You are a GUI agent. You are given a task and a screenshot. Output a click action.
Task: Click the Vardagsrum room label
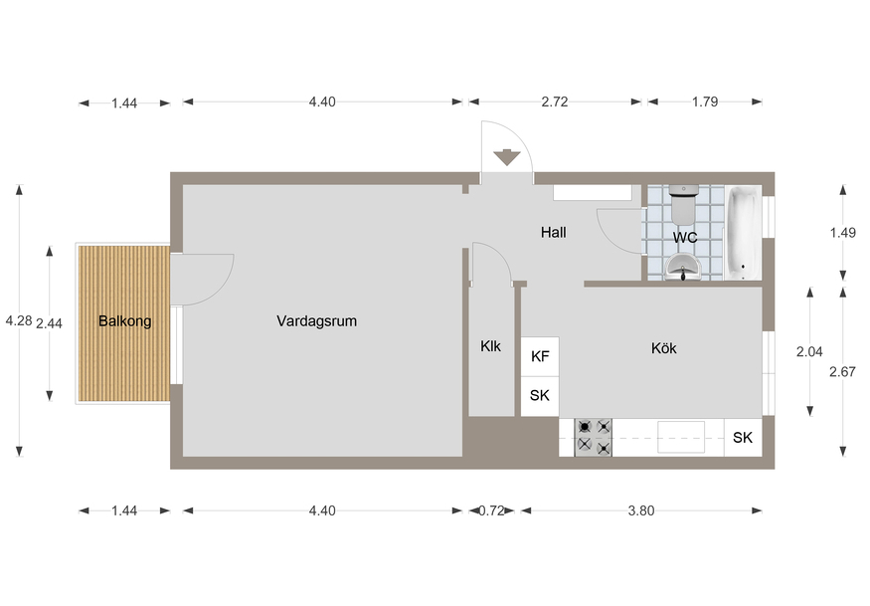pyautogui.click(x=316, y=321)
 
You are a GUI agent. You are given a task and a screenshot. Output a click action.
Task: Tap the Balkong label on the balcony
pyautogui.click(x=125, y=321)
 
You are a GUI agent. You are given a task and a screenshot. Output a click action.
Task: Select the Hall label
pyautogui.click(x=553, y=232)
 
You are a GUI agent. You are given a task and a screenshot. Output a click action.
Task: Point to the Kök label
pyautogui.click(x=663, y=348)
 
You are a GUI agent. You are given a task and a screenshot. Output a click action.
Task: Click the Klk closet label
pyautogui.click(x=490, y=346)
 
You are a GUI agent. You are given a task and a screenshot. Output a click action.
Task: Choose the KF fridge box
pyautogui.click(x=540, y=356)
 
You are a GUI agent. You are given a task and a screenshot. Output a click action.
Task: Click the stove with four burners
pyautogui.click(x=594, y=437)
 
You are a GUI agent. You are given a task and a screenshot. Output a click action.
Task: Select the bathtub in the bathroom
pyautogui.click(x=743, y=233)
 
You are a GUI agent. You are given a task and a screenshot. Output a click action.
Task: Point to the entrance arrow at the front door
pyautogui.click(x=506, y=158)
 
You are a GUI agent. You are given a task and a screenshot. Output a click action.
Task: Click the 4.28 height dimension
pyautogui.click(x=19, y=320)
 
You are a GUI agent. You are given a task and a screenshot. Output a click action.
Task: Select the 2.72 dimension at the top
pyautogui.click(x=555, y=101)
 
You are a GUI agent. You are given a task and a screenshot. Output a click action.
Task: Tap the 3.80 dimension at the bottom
pyautogui.click(x=641, y=510)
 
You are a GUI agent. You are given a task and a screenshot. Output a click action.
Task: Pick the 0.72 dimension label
pyautogui.click(x=491, y=510)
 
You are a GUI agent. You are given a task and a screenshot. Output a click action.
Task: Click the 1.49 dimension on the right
pyautogui.click(x=843, y=233)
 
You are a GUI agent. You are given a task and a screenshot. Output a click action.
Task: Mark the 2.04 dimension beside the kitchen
pyautogui.click(x=809, y=351)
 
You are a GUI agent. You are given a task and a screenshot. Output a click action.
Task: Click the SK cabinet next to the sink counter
pyautogui.click(x=743, y=438)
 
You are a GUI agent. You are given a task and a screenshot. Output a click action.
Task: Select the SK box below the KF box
pyautogui.click(x=540, y=396)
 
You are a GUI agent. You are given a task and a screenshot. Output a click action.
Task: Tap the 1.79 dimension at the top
pyautogui.click(x=705, y=101)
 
